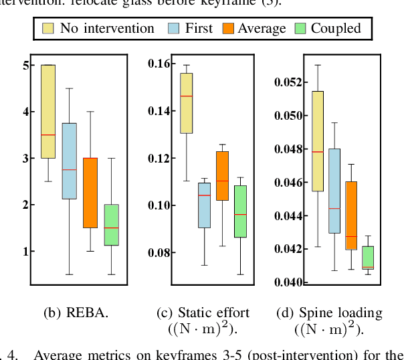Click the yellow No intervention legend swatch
coord(48,28)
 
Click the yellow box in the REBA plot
coord(48,111)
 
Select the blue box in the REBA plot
coord(69,161)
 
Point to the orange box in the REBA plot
coord(90,193)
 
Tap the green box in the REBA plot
coord(111,225)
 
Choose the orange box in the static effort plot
coord(221,176)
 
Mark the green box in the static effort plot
coord(239,211)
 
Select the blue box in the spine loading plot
coord(334,191)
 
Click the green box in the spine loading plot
coord(368,258)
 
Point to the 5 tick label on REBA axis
coord(25,65)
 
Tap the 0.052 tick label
coord(289,82)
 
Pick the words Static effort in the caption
coord(213,312)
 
